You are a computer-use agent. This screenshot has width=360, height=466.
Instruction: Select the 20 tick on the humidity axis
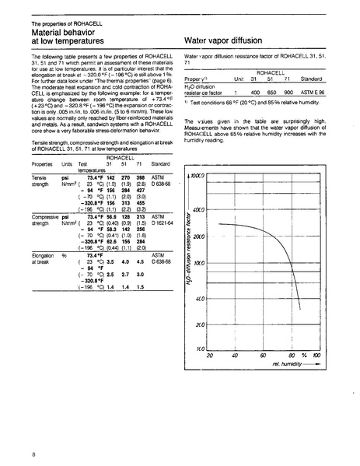pos(209,356)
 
